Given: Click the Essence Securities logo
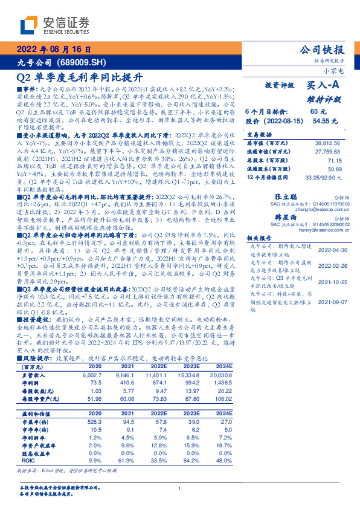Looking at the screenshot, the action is coord(55,25).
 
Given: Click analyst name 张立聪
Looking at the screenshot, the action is coord(285,197).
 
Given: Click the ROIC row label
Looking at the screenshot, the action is coord(28,460).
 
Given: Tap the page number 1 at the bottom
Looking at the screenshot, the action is coord(180,488).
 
